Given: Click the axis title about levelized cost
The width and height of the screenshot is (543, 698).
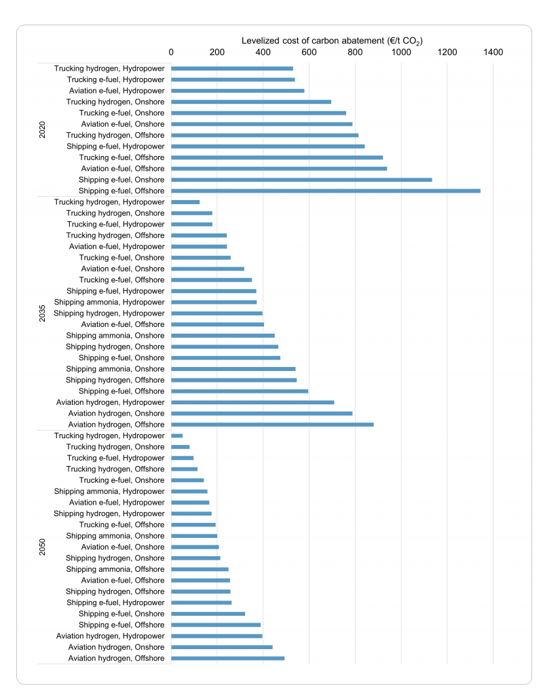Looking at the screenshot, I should click(x=332, y=41).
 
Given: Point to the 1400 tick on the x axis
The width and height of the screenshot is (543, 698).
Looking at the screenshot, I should click(x=493, y=52).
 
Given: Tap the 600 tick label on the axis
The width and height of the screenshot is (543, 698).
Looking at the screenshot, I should click(x=309, y=52).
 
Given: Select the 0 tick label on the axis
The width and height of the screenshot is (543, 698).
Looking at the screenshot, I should click(x=171, y=52).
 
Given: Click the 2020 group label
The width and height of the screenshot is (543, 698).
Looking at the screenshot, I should click(x=43, y=130).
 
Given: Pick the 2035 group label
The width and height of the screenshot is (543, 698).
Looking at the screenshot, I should click(x=43, y=313).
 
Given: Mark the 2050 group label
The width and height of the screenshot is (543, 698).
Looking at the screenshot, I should click(x=43, y=547).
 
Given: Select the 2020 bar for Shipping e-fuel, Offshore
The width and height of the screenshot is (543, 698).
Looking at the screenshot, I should click(x=326, y=191).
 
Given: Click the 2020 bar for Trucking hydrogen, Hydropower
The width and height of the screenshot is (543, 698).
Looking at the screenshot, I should click(x=232, y=69).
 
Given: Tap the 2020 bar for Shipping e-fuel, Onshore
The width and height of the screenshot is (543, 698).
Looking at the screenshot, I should click(x=301, y=180).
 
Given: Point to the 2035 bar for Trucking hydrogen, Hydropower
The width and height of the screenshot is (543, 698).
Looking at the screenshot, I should click(x=185, y=202).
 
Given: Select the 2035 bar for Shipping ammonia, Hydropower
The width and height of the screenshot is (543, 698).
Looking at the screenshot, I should click(x=214, y=302).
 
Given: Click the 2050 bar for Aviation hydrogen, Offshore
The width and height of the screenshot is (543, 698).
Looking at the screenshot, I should click(x=227, y=658).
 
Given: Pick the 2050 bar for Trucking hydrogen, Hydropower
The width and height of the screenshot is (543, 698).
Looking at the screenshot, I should click(x=177, y=435).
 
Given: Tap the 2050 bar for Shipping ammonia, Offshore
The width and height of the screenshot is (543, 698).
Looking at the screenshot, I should click(x=200, y=569).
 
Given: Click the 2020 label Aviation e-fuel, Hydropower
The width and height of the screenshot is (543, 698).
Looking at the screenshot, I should click(x=117, y=91).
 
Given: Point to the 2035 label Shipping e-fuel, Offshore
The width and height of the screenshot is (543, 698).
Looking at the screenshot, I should click(x=121, y=391).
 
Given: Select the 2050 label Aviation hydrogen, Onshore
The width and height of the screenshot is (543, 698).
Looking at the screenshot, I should click(x=117, y=647).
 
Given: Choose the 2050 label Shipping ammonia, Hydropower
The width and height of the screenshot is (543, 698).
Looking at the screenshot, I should click(x=109, y=491).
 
